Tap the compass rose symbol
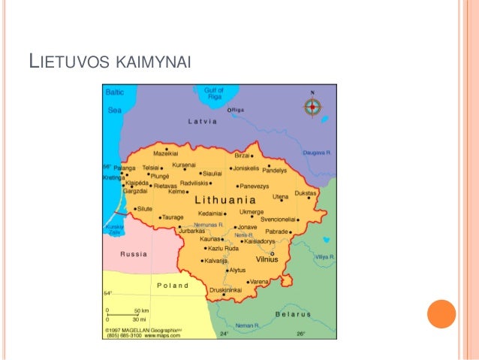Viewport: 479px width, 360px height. point(312,107)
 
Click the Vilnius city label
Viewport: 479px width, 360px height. point(267,259)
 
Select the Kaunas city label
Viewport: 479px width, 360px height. point(212,240)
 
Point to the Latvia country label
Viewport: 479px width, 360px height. point(202,121)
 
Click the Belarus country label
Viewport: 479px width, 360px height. point(294,313)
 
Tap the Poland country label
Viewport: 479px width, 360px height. point(173,286)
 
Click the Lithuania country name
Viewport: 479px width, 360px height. point(225,201)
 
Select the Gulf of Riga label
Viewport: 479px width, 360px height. point(214,93)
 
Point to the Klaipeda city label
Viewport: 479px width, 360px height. point(137,183)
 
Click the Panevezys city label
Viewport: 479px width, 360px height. point(255,186)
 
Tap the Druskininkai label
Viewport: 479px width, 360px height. point(225,289)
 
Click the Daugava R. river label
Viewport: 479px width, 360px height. point(318,152)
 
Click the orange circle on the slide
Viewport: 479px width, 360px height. point(441,314)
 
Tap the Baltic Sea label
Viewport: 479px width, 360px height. point(114,101)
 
